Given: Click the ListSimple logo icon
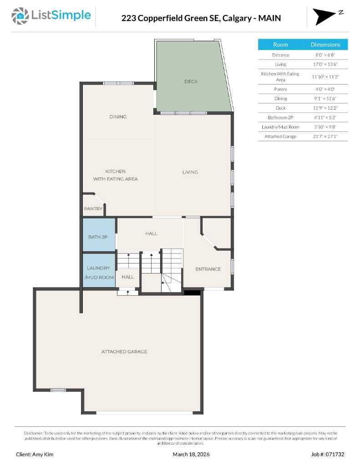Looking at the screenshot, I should [x=20, y=16].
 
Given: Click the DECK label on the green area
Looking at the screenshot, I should [x=191, y=81].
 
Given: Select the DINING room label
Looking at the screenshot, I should [x=118, y=117].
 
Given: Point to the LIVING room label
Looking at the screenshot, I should [x=190, y=172].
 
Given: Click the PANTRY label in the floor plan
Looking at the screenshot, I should [x=93, y=209].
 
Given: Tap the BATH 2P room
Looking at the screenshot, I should [x=98, y=237].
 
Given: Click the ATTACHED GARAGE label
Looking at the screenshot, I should [x=124, y=352].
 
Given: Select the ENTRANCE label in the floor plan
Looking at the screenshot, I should [x=208, y=269].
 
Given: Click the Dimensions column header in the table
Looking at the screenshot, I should [x=325, y=45].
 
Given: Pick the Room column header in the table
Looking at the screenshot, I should [x=280, y=45].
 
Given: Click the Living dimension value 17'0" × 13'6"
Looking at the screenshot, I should [x=325, y=65].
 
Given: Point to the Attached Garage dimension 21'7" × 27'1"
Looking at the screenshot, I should [x=325, y=137].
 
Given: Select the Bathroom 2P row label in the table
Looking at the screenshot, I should [x=280, y=117].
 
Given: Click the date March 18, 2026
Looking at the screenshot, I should [x=191, y=454].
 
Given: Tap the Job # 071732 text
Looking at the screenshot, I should [x=328, y=454].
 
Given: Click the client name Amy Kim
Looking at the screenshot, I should [x=31, y=454].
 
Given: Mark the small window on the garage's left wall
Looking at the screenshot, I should [x=58, y=390].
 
